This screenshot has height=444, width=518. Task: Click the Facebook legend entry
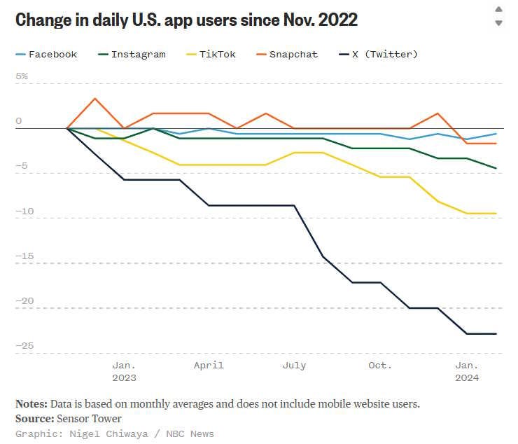tap(47, 54)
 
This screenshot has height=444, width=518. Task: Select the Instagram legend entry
tap(132, 54)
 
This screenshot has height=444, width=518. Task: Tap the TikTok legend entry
tap(211, 54)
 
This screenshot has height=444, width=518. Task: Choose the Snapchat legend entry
tap(287, 54)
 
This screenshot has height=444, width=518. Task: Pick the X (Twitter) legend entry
tap(379, 54)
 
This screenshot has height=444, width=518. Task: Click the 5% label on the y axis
tap(22, 76)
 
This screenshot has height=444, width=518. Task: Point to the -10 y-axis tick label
tap(24, 211)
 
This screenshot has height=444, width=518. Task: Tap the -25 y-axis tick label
tap(24, 345)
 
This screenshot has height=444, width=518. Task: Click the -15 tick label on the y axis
tap(24, 256)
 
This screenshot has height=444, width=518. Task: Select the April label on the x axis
tap(209, 366)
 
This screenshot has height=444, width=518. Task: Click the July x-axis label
tap(294, 366)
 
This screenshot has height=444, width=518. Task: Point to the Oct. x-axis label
tap(380, 366)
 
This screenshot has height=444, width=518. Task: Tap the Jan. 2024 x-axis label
tap(467, 372)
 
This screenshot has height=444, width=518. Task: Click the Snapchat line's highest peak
tap(95, 99)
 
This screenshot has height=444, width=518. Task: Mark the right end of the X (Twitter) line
tap(496, 333)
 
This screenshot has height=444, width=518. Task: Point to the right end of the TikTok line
tap(496, 213)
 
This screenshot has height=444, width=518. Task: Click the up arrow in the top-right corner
tap(499, 9)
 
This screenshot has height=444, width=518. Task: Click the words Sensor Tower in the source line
tap(89, 419)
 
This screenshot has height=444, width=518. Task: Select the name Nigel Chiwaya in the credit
tap(108, 433)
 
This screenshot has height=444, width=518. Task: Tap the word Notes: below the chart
tap(31, 403)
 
